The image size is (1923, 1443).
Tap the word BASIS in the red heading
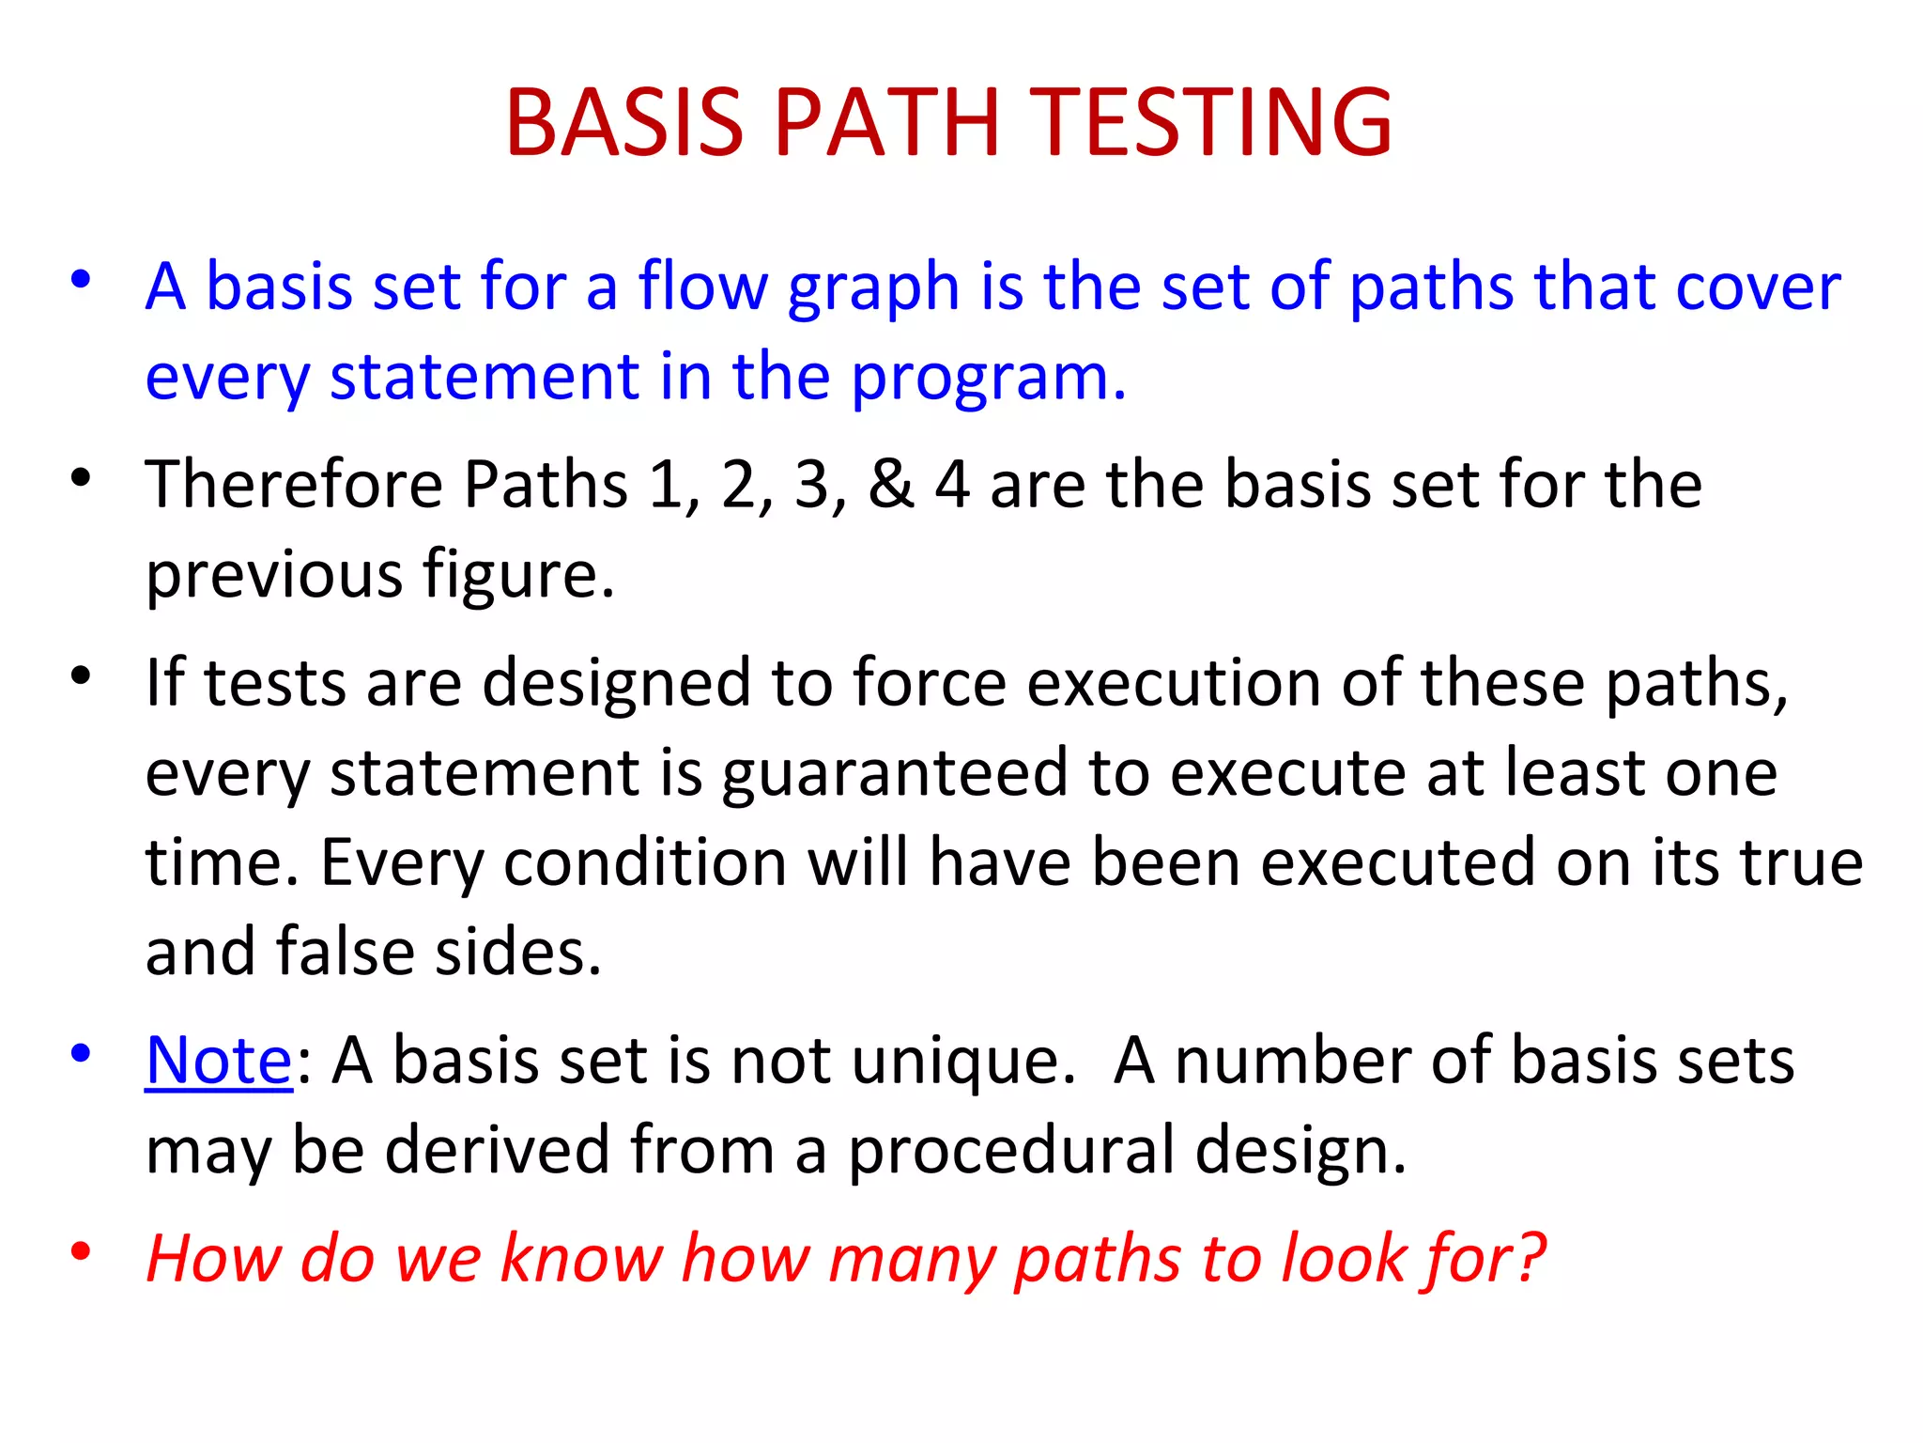(x=624, y=122)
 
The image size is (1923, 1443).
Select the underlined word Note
(x=219, y=1060)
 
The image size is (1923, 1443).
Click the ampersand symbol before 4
(x=890, y=485)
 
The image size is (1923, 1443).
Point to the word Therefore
(x=294, y=485)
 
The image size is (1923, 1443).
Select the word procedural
(x=1011, y=1151)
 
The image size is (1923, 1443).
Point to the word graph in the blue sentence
(x=872, y=287)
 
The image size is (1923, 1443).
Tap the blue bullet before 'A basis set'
(x=81, y=279)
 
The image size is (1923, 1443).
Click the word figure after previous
(x=517, y=575)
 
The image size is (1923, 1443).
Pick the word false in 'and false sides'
(x=345, y=952)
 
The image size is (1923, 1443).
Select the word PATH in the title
(x=887, y=122)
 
